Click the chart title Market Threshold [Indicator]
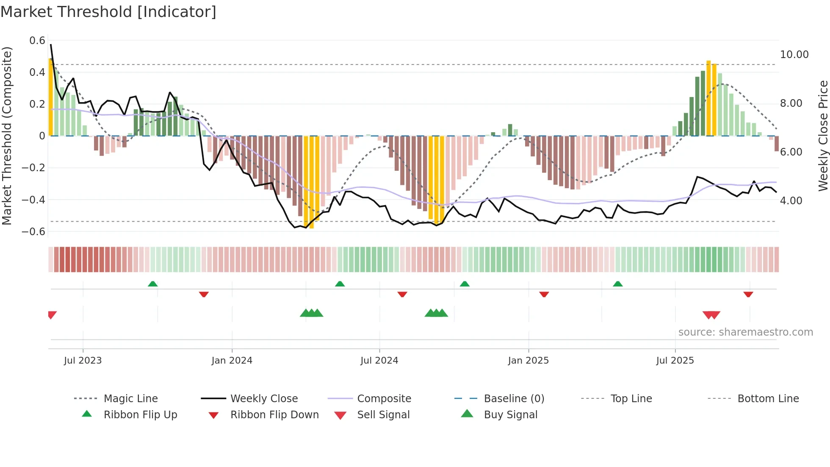108,12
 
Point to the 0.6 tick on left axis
37,41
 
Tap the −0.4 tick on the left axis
33,200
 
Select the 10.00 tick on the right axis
794,55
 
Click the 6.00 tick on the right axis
791,152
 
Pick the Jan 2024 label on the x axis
232,361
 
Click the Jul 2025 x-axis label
675,361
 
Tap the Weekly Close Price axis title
823,136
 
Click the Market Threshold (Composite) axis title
7,136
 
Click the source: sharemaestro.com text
745,332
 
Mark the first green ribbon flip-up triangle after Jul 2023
153,284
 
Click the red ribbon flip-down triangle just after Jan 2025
544,294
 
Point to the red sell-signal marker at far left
52,315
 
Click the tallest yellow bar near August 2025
708,98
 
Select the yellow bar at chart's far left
51,97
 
